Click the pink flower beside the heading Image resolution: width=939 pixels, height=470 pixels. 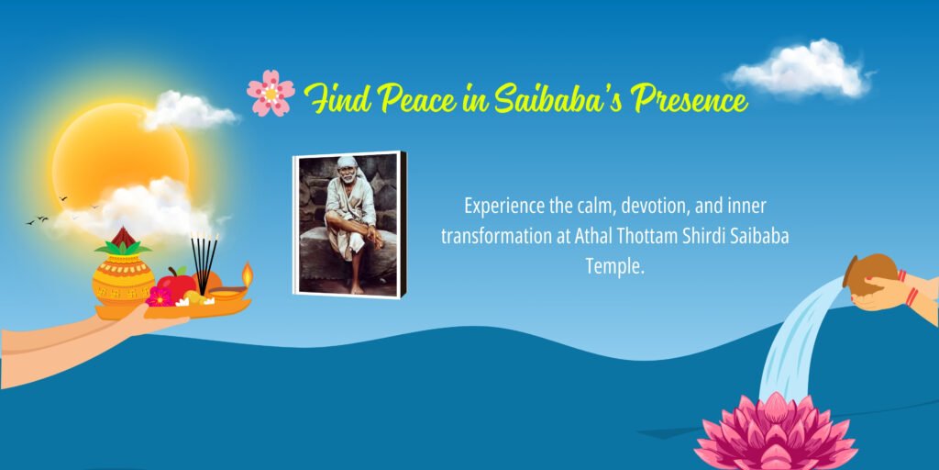click(271, 94)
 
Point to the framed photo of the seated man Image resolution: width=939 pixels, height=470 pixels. click(349, 224)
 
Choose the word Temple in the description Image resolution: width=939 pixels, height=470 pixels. click(615, 265)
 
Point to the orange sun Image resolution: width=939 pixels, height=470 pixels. click(120, 156)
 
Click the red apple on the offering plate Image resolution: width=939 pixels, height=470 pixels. click(177, 283)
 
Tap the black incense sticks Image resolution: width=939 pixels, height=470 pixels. click(204, 263)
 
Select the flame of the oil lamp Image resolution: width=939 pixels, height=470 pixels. click(247, 274)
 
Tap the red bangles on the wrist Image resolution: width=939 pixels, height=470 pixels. click(907, 286)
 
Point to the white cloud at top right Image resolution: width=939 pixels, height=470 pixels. click(800, 69)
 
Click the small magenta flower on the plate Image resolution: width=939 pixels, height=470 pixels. click(160, 297)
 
